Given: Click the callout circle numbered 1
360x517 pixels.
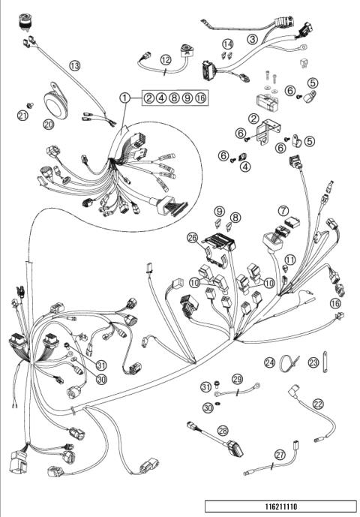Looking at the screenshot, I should click(126, 98).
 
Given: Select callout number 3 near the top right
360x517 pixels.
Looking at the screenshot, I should click(253, 39).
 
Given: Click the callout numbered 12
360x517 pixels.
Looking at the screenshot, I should click(165, 59).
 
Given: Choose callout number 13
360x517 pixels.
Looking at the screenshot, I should click(74, 65).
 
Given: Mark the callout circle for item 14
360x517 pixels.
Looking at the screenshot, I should click(229, 44).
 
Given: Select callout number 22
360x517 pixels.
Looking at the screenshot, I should click(319, 404).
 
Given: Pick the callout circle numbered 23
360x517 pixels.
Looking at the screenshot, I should click(314, 362).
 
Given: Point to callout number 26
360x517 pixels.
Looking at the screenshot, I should click(192, 239).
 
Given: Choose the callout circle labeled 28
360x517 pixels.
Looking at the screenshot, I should click(223, 430).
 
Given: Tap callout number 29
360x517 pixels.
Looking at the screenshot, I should click(237, 379).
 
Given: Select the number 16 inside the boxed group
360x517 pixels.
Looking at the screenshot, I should click(199, 98).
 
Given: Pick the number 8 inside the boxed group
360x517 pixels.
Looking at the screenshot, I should click(174, 98).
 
